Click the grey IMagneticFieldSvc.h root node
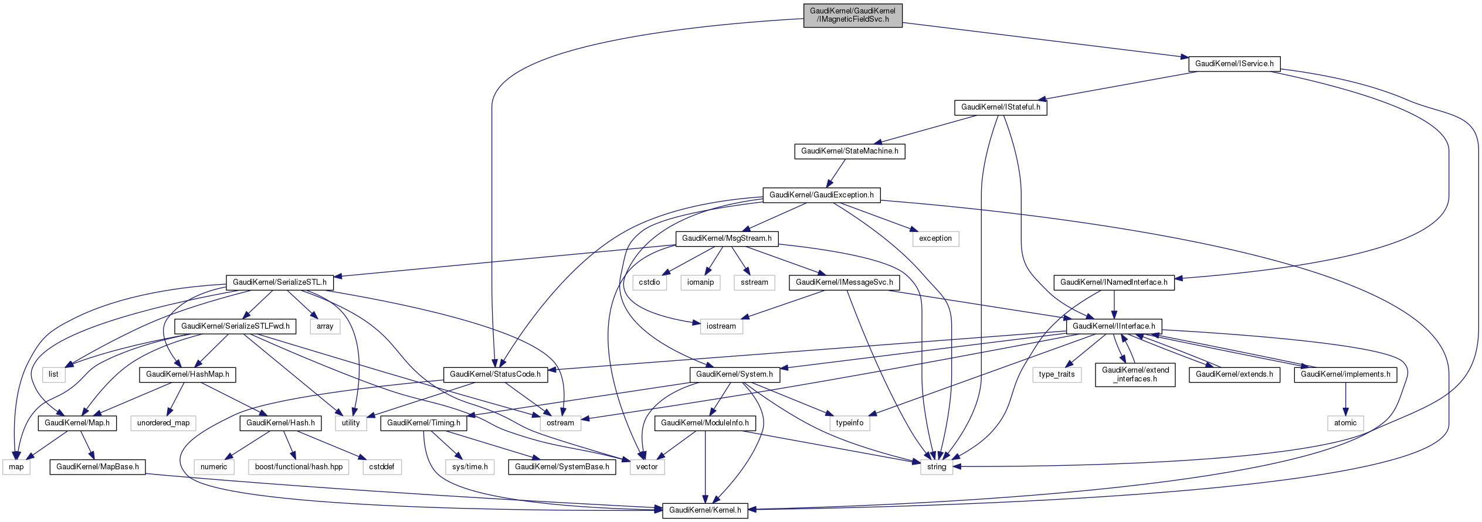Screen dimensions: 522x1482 (x=852, y=15)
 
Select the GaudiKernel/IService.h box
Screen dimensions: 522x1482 (x=1234, y=64)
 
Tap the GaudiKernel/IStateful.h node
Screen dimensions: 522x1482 (x=1001, y=107)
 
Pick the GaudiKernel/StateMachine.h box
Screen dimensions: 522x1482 (x=849, y=151)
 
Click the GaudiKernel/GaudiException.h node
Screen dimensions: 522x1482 (x=821, y=195)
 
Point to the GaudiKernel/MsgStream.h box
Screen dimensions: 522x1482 (x=727, y=238)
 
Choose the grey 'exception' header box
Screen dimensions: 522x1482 (x=935, y=238)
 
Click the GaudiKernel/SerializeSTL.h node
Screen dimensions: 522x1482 (x=280, y=282)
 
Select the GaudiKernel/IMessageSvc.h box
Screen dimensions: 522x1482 (x=844, y=282)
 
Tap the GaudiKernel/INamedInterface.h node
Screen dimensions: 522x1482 (x=1114, y=282)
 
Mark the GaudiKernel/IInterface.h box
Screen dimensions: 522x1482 (x=1114, y=326)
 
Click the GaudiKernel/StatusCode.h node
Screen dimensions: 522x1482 (x=495, y=374)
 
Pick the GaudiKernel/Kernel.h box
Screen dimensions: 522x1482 (x=705, y=510)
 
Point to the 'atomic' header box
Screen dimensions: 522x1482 (x=1345, y=423)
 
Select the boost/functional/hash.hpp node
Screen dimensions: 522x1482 (x=299, y=467)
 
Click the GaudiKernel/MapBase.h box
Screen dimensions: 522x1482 (x=97, y=467)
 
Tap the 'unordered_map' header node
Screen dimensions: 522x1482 (x=163, y=423)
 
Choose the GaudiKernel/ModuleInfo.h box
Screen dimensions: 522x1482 (x=704, y=423)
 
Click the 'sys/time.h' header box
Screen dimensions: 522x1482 (x=470, y=467)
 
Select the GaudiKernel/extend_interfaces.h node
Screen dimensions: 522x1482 (x=1135, y=374)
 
